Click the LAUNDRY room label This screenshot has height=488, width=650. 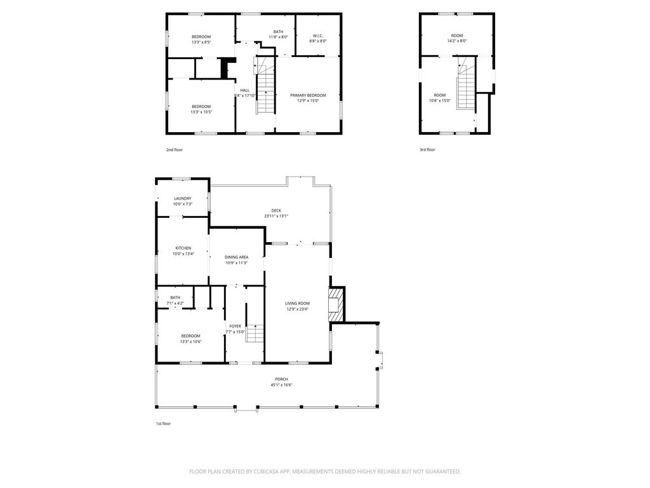pyautogui.click(x=183, y=198)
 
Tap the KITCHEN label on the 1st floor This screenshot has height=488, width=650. pyautogui.click(x=183, y=248)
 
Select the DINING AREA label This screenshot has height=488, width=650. pyautogui.click(x=237, y=257)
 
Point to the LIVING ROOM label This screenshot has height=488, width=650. pyautogui.click(x=297, y=303)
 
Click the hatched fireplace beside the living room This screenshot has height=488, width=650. pyautogui.click(x=336, y=305)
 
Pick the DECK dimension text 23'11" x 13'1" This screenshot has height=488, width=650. pyautogui.click(x=276, y=216)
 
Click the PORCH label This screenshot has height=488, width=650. pyautogui.click(x=281, y=379)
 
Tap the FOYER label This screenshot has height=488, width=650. pyautogui.click(x=235, y=326)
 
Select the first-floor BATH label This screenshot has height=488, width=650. pyautogui.click(x=175, y=297)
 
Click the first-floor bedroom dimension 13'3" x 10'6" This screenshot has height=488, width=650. pyautogui.click(x=190, y=341)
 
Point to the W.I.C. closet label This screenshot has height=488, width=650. pyautogui.click(x=318, y=36)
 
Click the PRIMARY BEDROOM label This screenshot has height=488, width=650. pyautogui.click(x=308, y=95)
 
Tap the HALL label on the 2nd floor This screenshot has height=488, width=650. pyautogui.click(x=245, y=90)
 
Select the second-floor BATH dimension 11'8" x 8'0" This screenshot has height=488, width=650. pyautogui.click(x=278, y=37)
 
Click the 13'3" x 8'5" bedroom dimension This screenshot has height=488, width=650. pyautogui.click(x=201, y=42)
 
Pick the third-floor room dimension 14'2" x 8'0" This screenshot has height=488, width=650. pyautogui.click(x=457, y=41)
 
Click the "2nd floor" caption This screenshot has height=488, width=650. pyautogui.click(x=175, y=150)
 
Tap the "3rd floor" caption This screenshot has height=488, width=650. pyautogui.click(x=427, y=150)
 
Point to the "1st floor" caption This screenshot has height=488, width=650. pyautogui.click(x=163, y=424)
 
